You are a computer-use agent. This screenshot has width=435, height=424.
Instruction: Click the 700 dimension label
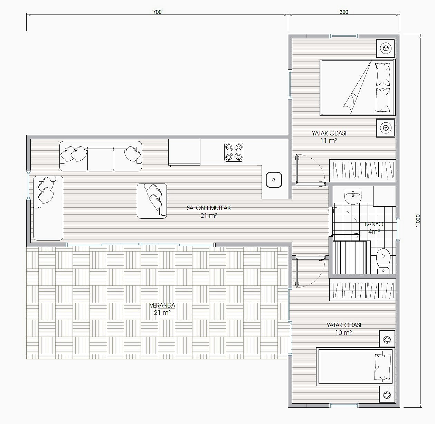tap(157, 12)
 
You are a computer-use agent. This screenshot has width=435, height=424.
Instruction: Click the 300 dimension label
tap(344, 12)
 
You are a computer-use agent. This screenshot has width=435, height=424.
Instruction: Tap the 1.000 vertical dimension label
tap(418, 221)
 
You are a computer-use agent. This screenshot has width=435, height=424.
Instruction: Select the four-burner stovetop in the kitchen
tap(234, 152)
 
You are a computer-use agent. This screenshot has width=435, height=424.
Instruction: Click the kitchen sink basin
tap(274, 180)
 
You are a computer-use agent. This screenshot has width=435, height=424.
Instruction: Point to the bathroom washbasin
tap(353, 197)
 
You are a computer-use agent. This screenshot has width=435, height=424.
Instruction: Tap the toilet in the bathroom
tap(384, 261)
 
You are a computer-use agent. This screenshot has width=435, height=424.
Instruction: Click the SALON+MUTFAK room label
tap(209, 208)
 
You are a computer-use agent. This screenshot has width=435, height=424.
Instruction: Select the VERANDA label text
tap(162, 305)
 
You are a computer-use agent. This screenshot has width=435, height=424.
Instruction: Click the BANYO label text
tap(374, 224)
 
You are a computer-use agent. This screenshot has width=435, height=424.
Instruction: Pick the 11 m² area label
tap(329, 141)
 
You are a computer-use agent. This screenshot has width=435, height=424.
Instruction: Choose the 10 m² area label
tap(343, 332)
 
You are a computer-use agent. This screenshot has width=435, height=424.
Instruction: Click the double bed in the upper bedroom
tap(357, 87)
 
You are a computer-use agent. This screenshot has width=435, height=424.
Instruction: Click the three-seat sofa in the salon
tap(101, 156)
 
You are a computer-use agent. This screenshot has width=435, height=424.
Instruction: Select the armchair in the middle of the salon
tap(152, 201)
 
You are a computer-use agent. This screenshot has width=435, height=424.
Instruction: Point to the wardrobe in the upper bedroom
tap(362, 170)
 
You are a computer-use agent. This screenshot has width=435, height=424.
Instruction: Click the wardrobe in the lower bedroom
tap(362, 289)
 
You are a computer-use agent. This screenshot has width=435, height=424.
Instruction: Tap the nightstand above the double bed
tap(386, 48)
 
